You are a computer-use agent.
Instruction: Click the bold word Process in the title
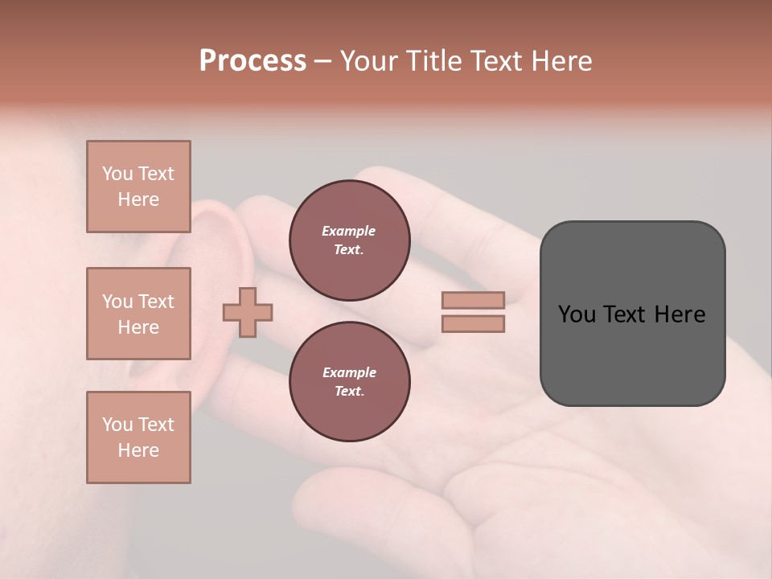point(253,61)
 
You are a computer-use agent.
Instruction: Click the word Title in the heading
point(434,61)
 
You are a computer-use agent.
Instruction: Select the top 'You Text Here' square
point(138,187)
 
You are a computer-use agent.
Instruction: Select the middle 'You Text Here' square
point(138,314)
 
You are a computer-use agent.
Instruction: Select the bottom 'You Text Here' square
point(138,437)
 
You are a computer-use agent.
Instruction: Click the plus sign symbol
point(248,312)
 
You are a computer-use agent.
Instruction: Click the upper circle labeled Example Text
point(349,240)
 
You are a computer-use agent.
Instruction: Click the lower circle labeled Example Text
point(349,382)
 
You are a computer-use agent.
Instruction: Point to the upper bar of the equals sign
point(473,300)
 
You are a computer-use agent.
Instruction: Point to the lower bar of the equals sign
point(473,323)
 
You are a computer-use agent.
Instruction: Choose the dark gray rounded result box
point(632,354)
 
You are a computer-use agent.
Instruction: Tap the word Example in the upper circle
point(348,232)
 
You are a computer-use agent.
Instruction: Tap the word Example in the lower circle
point(349,373)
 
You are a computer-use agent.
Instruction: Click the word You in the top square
point(117,174)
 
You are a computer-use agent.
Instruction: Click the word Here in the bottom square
point(138,450)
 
